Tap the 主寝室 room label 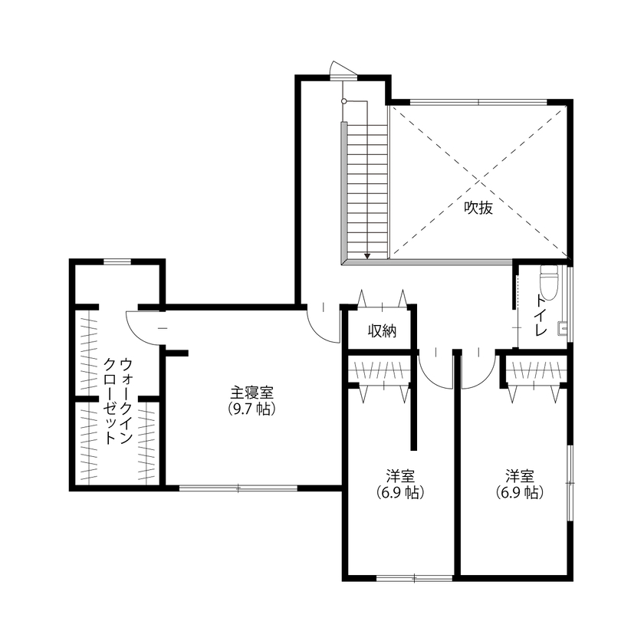click(x=251, y=392)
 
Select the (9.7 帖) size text click(x=251, y=409)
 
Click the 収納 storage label click(x=381, y=331)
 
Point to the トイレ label click(x=541, y=316)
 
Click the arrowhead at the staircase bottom click(x=367, y=255)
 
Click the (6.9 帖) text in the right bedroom click(x=519, y=493)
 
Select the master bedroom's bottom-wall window click(x=238, y=488)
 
